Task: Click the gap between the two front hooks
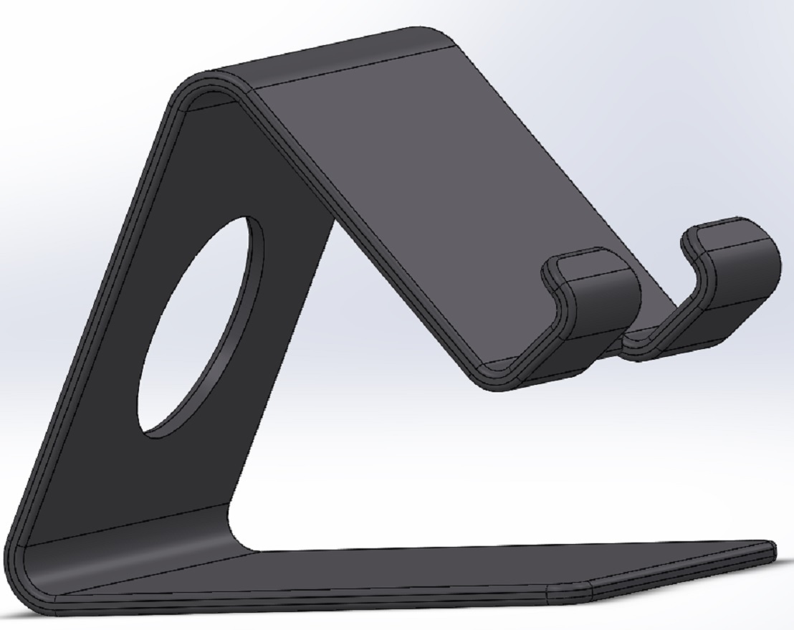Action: pyautogui.click(x=649, y=315)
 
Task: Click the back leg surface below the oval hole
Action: pyautogui.click(x=143, y=480)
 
